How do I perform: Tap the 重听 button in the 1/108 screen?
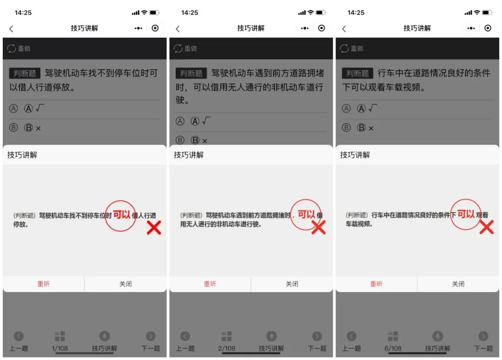(43, 284)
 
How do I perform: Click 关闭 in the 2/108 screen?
(292, 284)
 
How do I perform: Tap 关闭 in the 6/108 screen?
(458, 284)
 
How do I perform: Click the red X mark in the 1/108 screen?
(154, 227)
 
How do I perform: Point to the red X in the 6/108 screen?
(486, 227)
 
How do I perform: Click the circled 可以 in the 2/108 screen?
(306, 214)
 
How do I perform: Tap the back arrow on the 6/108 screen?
(344, 28)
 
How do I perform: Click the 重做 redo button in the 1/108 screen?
(19, 48)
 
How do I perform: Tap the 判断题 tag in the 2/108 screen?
(192, 73)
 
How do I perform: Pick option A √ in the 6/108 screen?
(367, 109)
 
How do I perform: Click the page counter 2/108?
(226, 348)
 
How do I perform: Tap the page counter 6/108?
(393, 348)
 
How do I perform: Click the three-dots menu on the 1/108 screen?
(139, 28)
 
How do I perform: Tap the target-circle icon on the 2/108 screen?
(322, 28)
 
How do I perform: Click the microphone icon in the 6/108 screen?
(437, 336)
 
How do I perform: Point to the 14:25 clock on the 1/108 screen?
(23, 13)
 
